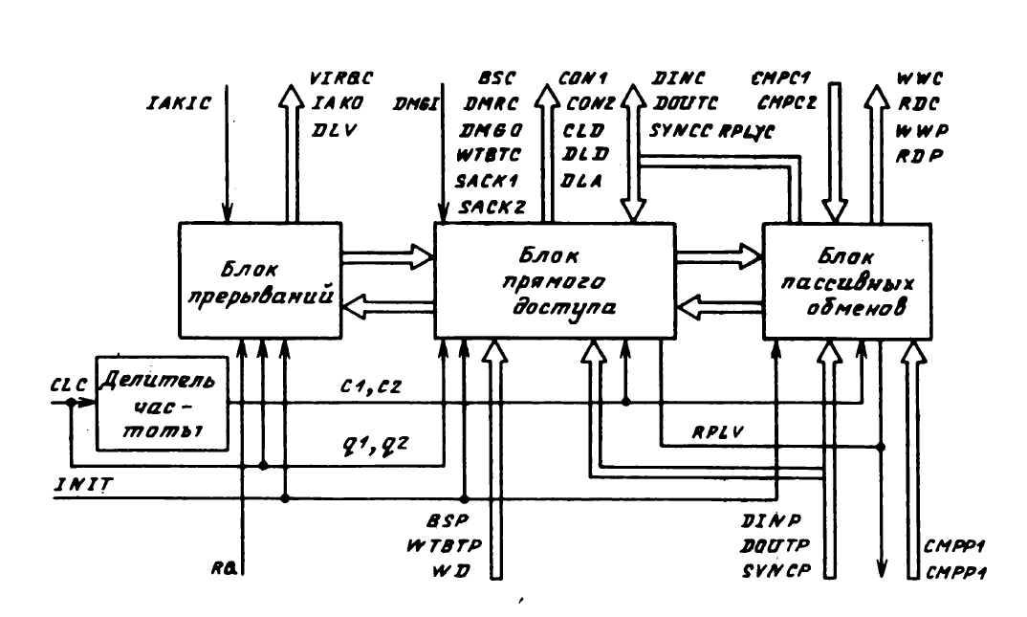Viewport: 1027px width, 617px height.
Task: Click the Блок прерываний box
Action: [261, 278]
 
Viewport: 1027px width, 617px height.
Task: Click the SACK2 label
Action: [488, 206]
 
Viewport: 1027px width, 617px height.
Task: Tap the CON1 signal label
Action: [585, 78]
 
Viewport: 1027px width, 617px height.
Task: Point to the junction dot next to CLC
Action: [72, 403]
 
